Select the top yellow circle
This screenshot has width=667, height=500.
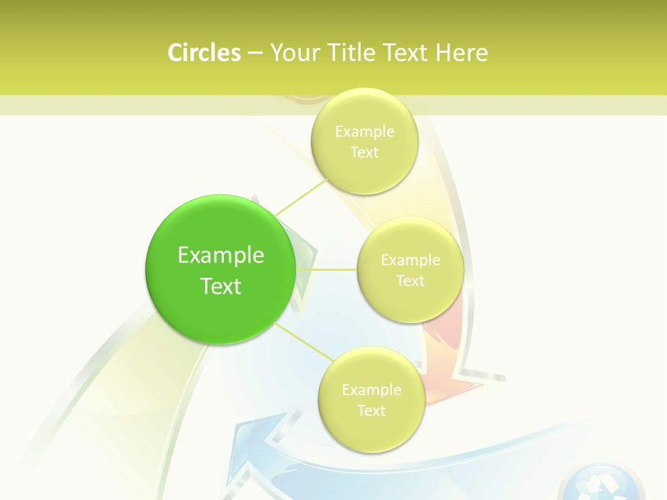tap(364, 141)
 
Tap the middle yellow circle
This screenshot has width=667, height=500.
tap(410, 269)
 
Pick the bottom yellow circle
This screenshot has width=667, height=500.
tap(371, 399)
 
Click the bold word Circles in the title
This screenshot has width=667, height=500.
tap(204, 53)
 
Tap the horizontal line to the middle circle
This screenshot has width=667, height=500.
tap(327, 269)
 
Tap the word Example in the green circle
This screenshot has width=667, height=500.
tap(221, 255)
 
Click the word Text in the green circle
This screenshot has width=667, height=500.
tap(221, 286)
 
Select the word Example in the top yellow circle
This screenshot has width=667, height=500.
tap(364, 131)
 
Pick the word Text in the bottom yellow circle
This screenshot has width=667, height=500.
tap(371, 410)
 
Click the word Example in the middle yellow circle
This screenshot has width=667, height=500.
tap(410, 260)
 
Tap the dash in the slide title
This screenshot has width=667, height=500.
tap(254, 53)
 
